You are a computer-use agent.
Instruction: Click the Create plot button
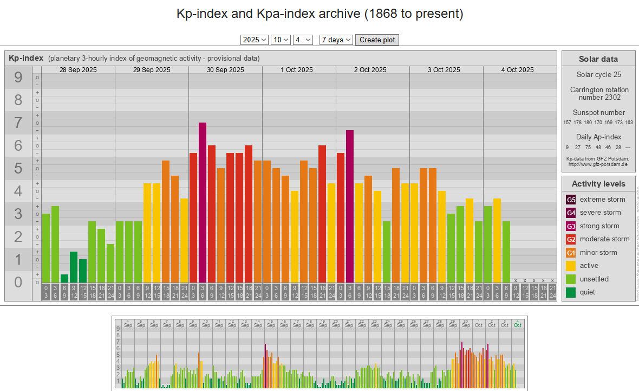pyautogui.click(x=377, y=40)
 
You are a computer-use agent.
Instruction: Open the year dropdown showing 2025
pyautogui.click(x=255, y=40)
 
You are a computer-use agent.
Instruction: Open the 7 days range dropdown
pyautogui.click(x=336, y=40)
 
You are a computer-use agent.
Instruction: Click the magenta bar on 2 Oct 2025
pyautogui.click(x=350, y=206)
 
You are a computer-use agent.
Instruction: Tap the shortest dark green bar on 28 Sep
pyautogui.click(x=64, y=278)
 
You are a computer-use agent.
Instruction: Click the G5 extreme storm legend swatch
pyautogui.click(x=571, y=200)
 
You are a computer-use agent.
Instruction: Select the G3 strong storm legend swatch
pyautogui.click(x=571, y=226)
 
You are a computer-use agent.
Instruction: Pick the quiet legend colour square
pyautogui.click(x=571, y=292)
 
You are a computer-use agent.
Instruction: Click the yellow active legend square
pyautogui.click(x=571, y=266)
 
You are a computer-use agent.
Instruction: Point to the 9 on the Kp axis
pyautogui.click(x=18, y=78)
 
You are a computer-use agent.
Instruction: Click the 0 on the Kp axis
pyautogui.click(x=18, y=282)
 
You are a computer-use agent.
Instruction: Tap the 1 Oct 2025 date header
pyautogui.click(x=297, y=70)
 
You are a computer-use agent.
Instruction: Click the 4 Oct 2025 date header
pyautogui.click(x=518, y=70)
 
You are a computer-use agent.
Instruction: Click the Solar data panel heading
pyautogui.click(x=598, y=59)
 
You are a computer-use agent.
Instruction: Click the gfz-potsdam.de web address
pyautogui.click(x=598, y=164)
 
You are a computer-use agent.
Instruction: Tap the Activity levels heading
pyautogui.click(x=598, y=184)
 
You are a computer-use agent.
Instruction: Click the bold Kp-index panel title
pyautogui.click(x=26, y=58)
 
